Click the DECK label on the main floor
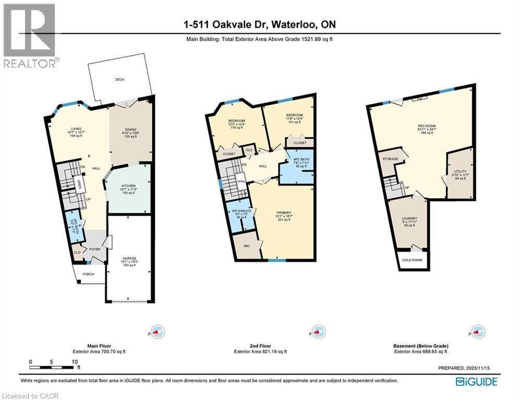click(120, 80)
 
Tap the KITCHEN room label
click(129, 185)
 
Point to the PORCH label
click(88, 273)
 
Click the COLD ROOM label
click(413, 260)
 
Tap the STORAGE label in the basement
click(390, 159)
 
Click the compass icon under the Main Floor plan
click(158, 331)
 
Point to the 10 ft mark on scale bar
click(75, 361)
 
